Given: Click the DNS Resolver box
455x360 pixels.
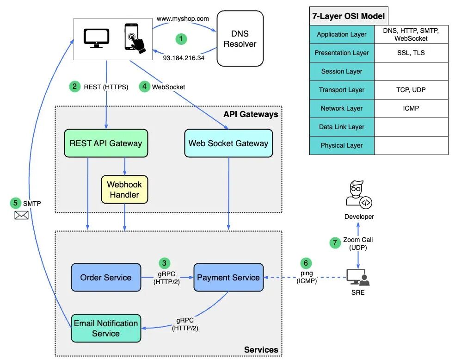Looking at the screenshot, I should point(240,39).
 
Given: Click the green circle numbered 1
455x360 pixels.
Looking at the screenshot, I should point(182,39).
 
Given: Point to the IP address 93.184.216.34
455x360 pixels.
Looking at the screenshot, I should point(184,58).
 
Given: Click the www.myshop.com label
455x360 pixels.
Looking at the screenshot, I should point(183,19).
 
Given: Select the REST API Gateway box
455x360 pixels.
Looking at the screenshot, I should point(106,143).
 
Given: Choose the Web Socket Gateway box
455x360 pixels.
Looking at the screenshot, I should point(228,143).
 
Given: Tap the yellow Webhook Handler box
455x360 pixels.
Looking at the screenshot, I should point(124,189).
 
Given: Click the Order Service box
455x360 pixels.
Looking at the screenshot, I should point(106,278).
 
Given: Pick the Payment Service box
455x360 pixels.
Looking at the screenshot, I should point(228,278).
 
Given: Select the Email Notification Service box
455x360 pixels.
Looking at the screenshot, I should point(106,328).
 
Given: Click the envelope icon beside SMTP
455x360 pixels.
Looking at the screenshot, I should point(21,215).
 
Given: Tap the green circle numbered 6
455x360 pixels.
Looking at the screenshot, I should point(305,263).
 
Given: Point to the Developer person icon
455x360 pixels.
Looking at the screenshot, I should point(359,195).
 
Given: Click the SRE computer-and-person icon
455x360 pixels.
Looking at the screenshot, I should point(358,278).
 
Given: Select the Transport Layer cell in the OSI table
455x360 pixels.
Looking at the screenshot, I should point(342,90).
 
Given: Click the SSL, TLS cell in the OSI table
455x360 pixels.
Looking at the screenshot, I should point(411,53).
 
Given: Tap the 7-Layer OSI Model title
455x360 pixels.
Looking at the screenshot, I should point(348,16).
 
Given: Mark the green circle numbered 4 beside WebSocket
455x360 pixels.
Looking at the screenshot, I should point(145,87).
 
